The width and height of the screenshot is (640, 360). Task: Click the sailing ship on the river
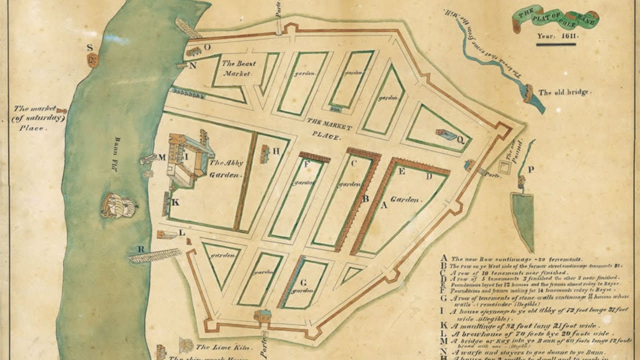118,205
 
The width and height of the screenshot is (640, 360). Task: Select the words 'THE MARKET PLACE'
329,128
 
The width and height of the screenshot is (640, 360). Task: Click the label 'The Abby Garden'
226,169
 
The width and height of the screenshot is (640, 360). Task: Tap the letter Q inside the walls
460,140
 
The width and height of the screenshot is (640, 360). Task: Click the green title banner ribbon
555,19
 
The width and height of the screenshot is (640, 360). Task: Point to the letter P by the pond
530,169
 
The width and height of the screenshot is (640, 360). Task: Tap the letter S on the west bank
90,48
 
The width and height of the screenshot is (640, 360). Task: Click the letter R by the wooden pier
141,249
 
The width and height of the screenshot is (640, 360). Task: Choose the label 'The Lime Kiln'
216,347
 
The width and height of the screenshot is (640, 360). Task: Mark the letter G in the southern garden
303,281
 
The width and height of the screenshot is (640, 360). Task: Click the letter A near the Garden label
384,205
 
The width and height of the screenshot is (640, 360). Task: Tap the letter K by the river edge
175,202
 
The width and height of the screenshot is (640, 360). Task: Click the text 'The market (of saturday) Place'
38,118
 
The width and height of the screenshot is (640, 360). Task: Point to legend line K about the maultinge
530,324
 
